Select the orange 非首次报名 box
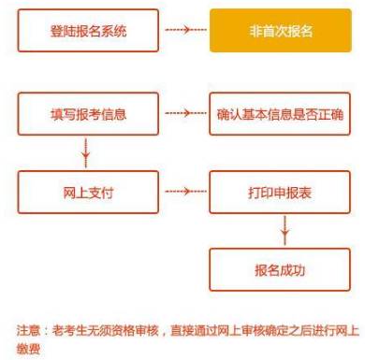(x=281, y=33)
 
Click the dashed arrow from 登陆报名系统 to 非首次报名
(x=184, y=33)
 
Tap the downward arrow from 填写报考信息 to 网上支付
(x=87, y=151)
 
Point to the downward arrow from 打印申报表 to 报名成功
(x=284, y=230)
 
